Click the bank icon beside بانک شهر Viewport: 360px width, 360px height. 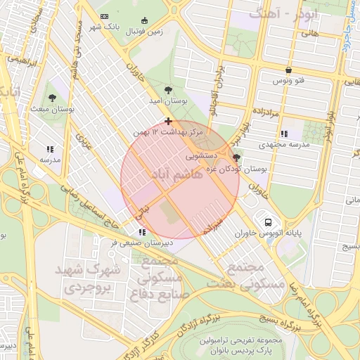(105, 16)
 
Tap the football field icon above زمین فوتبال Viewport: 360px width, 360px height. (145, 20)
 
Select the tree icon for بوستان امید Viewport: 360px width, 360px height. (167, 89)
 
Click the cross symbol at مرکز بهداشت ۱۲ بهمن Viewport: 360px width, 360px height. (168, 121)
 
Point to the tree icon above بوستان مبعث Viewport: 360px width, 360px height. (53, 96)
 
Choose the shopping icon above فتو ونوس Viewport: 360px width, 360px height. (289, 70)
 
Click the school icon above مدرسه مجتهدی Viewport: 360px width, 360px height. (284, 133)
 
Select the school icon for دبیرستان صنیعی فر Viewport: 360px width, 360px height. (142, 231)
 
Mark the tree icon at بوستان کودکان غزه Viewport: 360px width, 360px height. (236, 157)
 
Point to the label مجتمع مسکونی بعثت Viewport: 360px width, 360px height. (257, 276)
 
